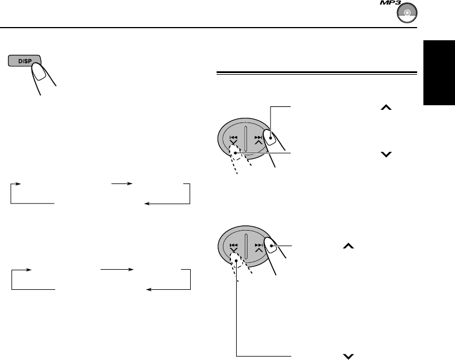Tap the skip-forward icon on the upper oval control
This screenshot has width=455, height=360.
(259, 138)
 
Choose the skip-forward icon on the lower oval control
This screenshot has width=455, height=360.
(259, 245)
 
